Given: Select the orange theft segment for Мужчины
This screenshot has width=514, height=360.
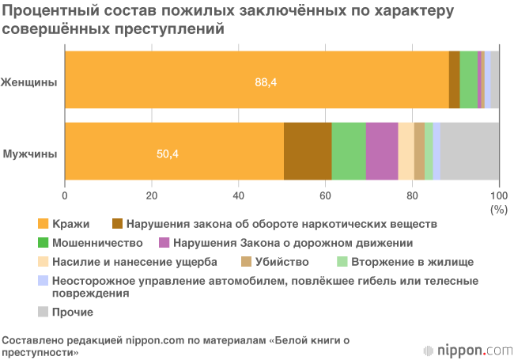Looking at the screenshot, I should [174, 151].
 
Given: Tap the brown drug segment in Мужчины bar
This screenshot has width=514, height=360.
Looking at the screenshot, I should [308, 151].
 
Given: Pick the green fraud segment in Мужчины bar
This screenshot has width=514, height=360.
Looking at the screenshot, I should [349, 151].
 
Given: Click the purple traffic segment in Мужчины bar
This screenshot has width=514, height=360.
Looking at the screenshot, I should [382, 151].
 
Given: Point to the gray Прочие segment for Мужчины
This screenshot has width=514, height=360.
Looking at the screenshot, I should [470, 151].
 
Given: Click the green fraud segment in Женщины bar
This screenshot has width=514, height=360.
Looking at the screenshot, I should [468, 79].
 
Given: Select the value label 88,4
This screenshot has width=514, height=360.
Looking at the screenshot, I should [266, 81].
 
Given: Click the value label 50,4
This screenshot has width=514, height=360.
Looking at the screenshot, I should [168, 153].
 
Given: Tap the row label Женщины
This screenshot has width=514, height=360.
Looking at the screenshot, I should [29, 81].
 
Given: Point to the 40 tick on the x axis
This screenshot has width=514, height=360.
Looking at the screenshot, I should [238, 195].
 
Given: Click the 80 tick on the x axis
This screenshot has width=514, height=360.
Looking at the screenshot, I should [412, 195].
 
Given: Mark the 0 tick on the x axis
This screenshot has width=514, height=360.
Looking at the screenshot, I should [65, 195].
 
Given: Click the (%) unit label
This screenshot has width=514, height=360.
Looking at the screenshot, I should [498, 209].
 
